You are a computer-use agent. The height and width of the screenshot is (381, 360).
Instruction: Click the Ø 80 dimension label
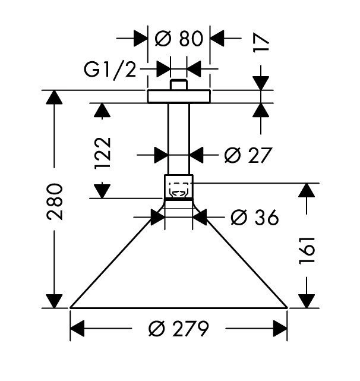[x=178, y=39]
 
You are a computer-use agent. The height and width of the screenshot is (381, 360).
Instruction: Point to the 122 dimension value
[x=102, y=153]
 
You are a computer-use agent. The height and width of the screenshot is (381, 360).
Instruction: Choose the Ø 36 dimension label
[x=254, y=218]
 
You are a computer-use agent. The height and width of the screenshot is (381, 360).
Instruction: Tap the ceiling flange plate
[x=179, y=96]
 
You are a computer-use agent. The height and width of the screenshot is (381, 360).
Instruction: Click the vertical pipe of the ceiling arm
[x=179, y=137]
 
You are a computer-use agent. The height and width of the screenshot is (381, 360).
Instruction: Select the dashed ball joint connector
[x=179, y=188]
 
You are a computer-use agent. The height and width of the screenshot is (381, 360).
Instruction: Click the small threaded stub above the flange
[x=179, y=85]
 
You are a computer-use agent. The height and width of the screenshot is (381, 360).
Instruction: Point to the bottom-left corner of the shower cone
[x=71, y=307]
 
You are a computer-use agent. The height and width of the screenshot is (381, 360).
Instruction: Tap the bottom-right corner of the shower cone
[x=287, y=307]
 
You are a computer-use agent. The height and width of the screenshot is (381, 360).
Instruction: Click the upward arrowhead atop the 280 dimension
[x=55, y=100]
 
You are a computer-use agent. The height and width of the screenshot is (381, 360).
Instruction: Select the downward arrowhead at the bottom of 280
[x=55, y=299]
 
